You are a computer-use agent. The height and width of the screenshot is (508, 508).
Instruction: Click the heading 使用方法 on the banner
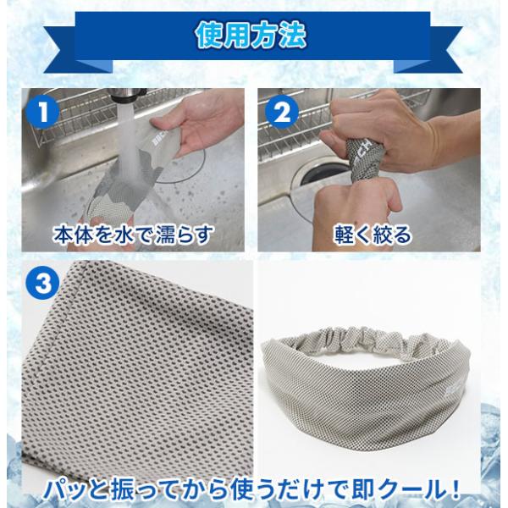pyautogui.click(x=251, y=35)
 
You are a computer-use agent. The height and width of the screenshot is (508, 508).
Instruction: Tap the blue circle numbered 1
pyautogui.click(x=42, y=112)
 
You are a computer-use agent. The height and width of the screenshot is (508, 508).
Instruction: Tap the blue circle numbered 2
pyautogui.click(x=282, y=112)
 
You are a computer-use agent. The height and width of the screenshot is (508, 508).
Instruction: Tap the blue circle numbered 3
pyautogui.click(x=42, y=284)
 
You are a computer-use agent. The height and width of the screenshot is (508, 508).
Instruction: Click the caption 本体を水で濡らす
pyautogui.click(x=133, y=235)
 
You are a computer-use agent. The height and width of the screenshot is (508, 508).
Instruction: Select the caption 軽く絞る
pyautogui.click(x=373, y=235)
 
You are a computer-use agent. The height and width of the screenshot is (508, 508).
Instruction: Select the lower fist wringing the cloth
pyautogui.click(x=356, y=207)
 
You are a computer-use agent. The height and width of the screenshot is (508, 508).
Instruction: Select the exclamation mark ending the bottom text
pyautogui.click(x=454, y=489)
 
